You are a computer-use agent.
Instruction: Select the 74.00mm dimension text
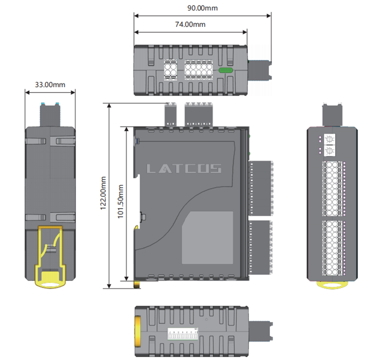[190, 24]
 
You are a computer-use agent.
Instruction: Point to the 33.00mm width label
[50, 84]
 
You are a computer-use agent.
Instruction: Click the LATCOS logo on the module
[184, 169]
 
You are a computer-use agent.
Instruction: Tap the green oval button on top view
[226, 70]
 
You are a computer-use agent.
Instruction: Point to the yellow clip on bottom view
[138, 330]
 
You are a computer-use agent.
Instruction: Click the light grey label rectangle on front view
[208, 237]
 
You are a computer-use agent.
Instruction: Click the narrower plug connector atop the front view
[171, 113]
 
